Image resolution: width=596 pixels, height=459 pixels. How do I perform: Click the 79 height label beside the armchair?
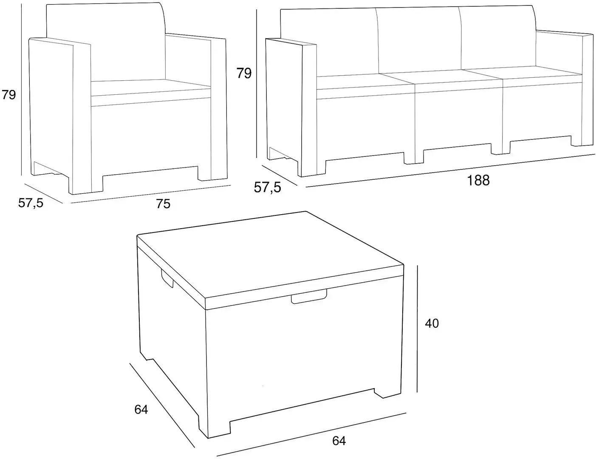[x=8, y=94]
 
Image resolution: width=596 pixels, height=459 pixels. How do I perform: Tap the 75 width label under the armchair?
[x=163, y=204]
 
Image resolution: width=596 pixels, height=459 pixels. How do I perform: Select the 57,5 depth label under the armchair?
[x=31, y=203]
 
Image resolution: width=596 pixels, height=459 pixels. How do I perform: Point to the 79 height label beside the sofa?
[x=244, y=73]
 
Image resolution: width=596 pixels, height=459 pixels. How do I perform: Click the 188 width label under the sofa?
[x=478, y=181]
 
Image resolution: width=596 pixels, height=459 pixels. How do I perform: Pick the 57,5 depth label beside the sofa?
[x=267, y=187]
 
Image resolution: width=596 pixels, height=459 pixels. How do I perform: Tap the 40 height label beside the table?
[x=432, y=323]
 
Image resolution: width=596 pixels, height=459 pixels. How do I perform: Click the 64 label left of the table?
[x=141, y=410]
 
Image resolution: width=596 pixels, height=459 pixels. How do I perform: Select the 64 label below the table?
[x=339, y=441]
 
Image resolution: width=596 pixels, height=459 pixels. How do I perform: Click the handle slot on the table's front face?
[x=309, y=297]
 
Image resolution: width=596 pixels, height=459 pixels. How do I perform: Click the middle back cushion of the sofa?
[x=418, y=40]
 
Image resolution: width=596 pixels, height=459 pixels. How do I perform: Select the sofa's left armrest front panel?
[x=308, y=110]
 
